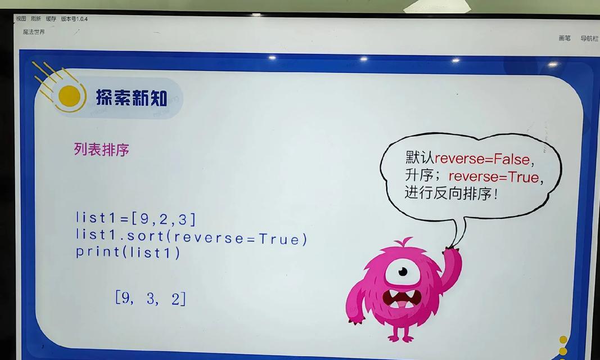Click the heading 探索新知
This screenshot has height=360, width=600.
click(x=131, y=97)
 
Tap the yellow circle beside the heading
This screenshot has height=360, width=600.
click(x=69, y=96)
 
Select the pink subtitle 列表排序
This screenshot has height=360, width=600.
click(x=101, y=149)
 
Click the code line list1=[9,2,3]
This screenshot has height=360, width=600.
click(x=136, y=218)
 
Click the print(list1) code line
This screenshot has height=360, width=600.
click(x=128, y=253)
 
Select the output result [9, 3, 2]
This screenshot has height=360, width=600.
click(x=150, y=298)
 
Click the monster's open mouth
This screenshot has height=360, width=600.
click(x=402, y=299)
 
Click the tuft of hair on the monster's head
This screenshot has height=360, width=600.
click(x=403, y=242)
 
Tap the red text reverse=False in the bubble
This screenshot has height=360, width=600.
click(x=482, y=159)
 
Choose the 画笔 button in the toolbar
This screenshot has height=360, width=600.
click(x=565, y=38)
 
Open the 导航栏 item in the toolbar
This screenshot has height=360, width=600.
click(x=589, y=38)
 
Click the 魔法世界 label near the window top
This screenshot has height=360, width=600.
click(x=34, y=31)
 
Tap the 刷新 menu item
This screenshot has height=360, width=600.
click(x=35, y=19)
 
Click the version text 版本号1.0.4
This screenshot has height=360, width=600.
click(x=74, y=19)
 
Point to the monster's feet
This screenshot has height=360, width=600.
click(x=400, y=337)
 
